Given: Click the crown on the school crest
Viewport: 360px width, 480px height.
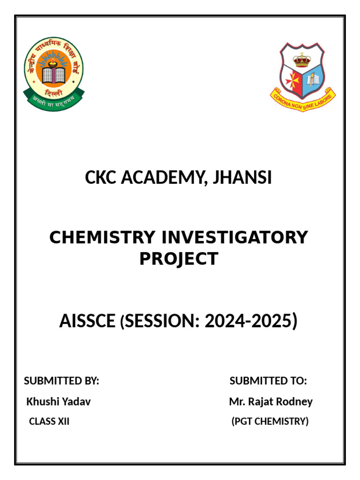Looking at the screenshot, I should (302, 60).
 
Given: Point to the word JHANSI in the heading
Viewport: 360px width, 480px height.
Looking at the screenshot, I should (243, 178).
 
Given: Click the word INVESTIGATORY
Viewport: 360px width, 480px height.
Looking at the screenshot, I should (234, 238).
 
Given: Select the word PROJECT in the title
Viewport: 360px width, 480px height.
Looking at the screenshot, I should (179, 259).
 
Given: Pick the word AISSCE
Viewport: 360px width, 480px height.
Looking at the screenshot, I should (87, 322).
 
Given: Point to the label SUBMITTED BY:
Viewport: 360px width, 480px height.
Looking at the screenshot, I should (61, 381).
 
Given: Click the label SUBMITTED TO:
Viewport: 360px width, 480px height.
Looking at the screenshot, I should (268, 381).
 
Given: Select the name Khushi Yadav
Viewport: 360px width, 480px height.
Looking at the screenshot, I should (59, 402).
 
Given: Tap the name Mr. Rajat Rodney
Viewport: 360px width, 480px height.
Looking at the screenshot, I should (270, 402).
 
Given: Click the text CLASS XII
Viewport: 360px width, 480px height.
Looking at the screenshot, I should (49, 421).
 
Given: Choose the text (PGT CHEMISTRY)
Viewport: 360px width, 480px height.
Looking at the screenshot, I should (270, 421).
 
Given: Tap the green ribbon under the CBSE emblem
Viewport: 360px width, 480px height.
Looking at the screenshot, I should (54, 101).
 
